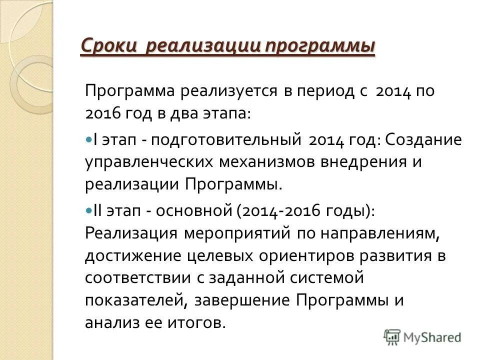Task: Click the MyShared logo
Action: [423, 336]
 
